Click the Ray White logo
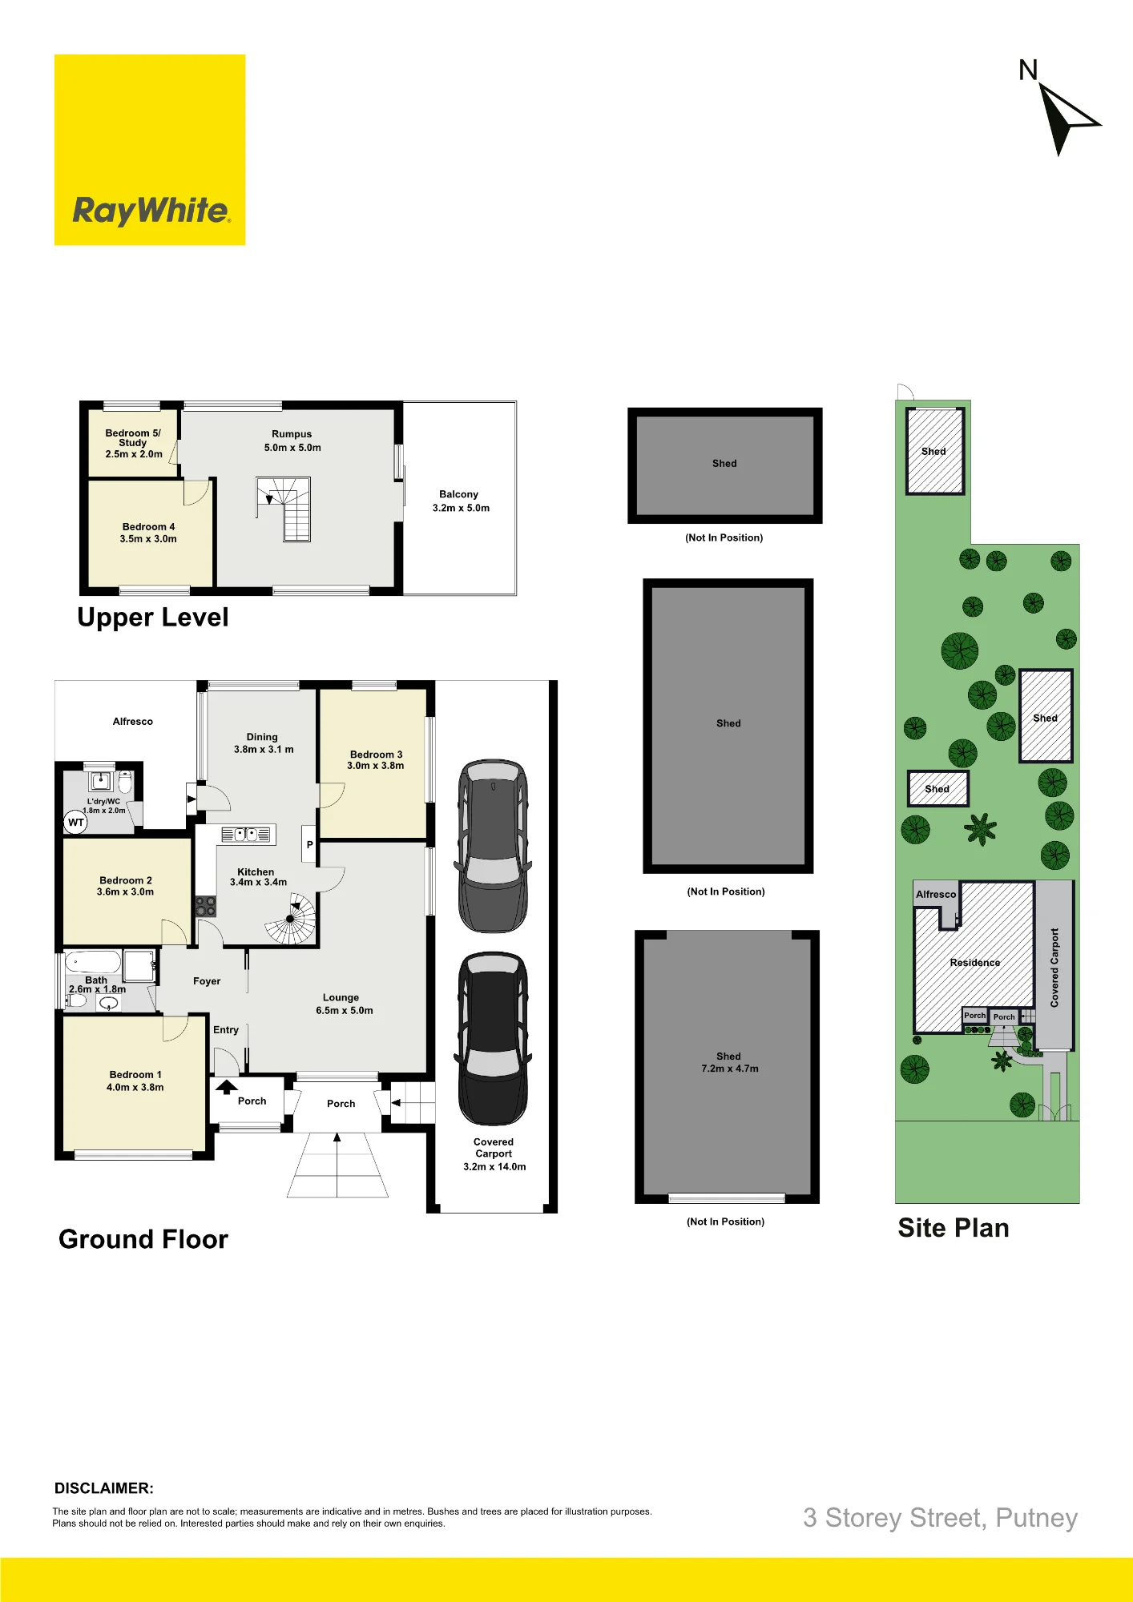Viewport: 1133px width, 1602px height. tap(150, 150)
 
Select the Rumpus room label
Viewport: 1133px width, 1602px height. tap(292, 441)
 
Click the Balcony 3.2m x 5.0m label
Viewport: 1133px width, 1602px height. tap(461, 501)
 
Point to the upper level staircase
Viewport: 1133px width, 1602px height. tap(284, 509)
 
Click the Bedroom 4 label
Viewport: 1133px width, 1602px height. tap(148, 533)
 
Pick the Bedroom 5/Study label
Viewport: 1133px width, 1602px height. tap(134, 443)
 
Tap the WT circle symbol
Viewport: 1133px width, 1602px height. tap(75, 823)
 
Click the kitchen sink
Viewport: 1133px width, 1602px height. tap(246, 835)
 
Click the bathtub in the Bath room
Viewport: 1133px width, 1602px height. tap(93, 962)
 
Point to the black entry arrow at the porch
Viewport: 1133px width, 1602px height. tap(227, 1087)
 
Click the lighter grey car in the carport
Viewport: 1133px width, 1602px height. tap(494, 846)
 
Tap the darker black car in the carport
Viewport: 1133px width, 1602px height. tap(493, 1038)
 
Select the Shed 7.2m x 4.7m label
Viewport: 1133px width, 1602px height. tap(730, 1062)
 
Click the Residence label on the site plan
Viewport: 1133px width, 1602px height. tap(975, 963)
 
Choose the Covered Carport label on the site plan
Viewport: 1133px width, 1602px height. tap(1054, 968)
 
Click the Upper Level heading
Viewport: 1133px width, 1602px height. tap(153, 618)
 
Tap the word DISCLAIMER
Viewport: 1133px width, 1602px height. tap(104, 1488)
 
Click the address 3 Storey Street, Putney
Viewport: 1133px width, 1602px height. tap(941, 1518)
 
